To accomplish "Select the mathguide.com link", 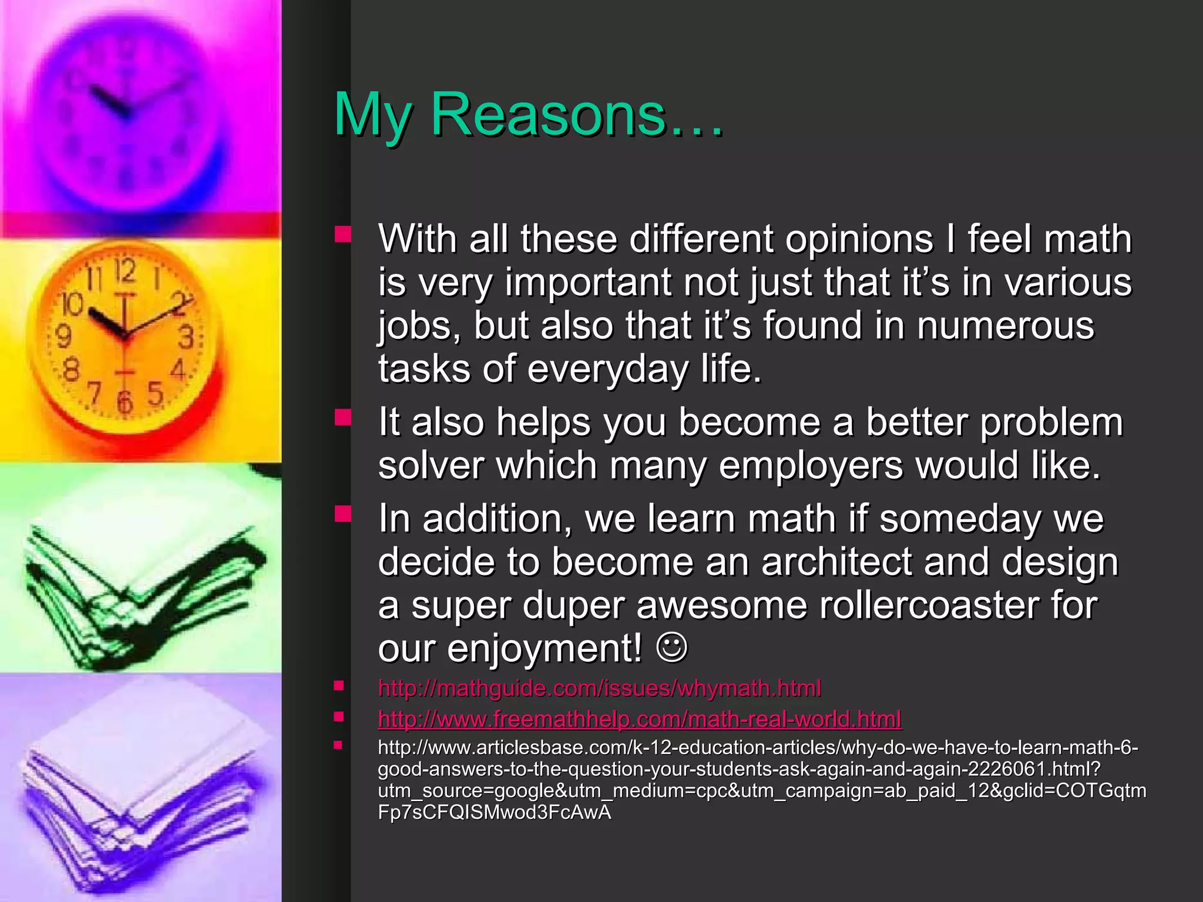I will point(599,688).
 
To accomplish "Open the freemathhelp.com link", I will point(640,719).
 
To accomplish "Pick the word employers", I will point(811,466).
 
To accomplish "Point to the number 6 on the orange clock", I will point(125,402).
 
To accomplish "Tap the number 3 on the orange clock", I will point(186,337).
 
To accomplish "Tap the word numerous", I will point(1005,325).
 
